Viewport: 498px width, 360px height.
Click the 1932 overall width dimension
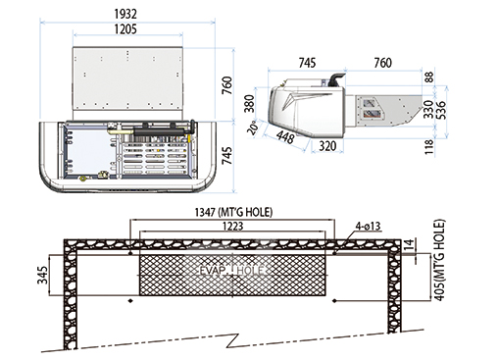click(x=125, y=14)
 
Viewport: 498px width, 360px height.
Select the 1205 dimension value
click(x=125, y=29)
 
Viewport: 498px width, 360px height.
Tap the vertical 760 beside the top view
click(x=227, y=85)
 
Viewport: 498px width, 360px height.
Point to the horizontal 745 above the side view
click(x=307, y=63)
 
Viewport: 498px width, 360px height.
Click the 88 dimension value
click(x=429, y=77)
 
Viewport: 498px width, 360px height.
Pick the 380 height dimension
click(x=250, y=103)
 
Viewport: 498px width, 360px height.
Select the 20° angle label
click(x=254, y=128)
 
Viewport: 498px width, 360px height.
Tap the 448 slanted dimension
click(x=285, y=137)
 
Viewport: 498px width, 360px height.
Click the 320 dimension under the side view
click(x=327, y=146)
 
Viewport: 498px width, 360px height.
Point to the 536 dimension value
click(x=441, y=110)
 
